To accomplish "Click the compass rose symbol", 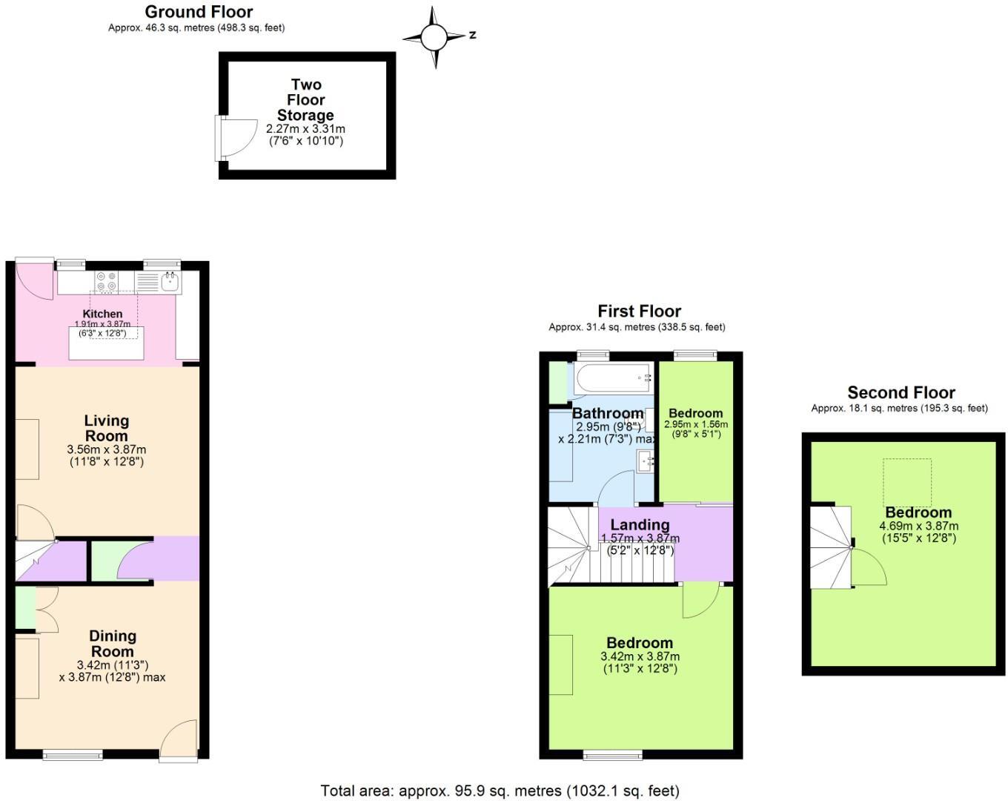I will tap(435, 36).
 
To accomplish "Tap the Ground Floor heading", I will tap(199, 12).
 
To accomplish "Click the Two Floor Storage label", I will tap(305, 99).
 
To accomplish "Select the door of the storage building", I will tap(236, 138).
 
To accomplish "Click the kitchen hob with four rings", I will tap(106, 281).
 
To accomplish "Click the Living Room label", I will tap(107, 428).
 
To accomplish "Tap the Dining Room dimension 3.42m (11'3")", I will tap(113, 665).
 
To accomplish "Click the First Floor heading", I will tap(639, 311).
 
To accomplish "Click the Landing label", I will tap(640, 524).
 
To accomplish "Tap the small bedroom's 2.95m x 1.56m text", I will tap(695, 424).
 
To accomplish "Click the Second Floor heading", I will tap(901, 392).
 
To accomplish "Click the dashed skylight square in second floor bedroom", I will tap(906, 481).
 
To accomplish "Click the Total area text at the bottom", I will tap(500, 791).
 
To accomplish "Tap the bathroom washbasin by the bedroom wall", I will tap(644, 461).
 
